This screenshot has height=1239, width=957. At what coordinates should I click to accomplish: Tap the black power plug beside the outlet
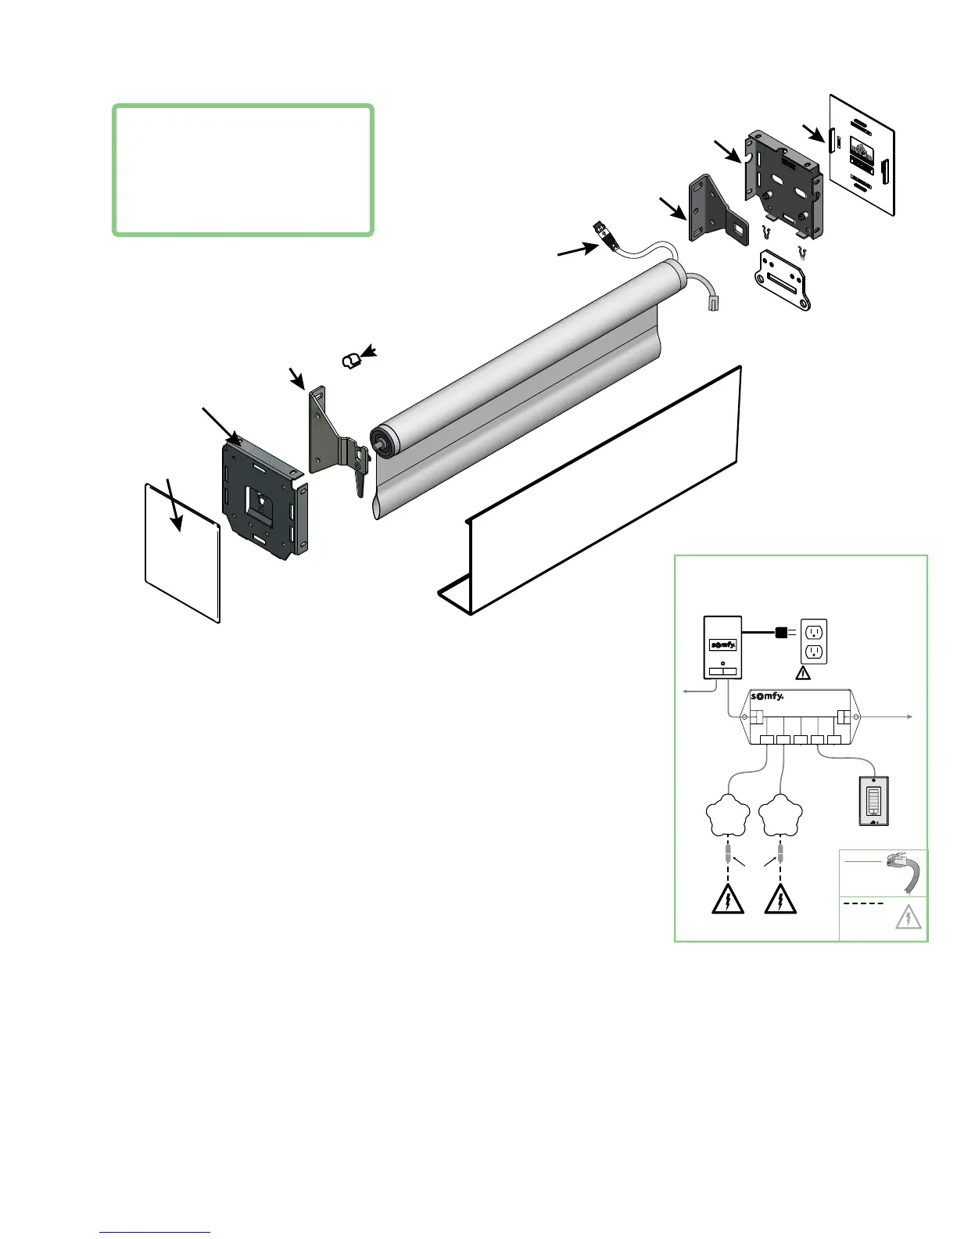(x=780, y=633)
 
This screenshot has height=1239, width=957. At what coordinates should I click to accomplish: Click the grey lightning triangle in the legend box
(x=908, y=918)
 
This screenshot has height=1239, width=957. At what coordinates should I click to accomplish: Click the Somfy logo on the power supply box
(x=723, y=645)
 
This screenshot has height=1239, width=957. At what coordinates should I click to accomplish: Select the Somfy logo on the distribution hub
(x=766, y=697)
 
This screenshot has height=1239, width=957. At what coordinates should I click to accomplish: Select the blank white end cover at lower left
(x=182, y=551)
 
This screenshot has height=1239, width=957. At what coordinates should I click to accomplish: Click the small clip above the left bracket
(x=351, y=360)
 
